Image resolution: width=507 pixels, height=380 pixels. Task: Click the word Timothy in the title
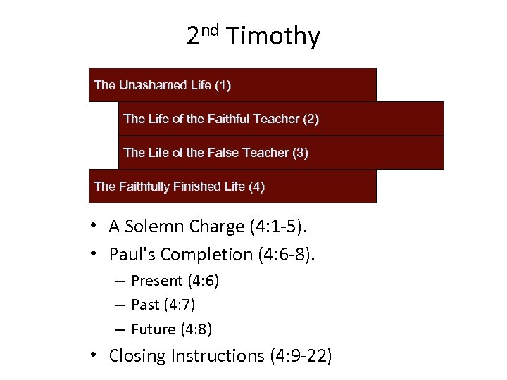[x=274, y=36]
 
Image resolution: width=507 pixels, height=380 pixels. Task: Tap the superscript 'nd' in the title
[x=209, y=30]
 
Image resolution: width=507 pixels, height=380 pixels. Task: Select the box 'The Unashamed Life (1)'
[x=232, y=85]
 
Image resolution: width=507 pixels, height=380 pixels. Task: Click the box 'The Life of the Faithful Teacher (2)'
[x=281, y=119]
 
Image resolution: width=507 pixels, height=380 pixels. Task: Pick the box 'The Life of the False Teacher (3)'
[x=281, y=153]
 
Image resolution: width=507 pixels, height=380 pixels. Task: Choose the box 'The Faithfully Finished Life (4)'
[x=232, y=186]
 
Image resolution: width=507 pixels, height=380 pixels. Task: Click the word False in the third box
[x=223, y=153]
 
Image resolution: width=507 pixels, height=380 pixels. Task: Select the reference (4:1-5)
[x=284, y=227]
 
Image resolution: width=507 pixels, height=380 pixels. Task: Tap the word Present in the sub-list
[x=157, y=281]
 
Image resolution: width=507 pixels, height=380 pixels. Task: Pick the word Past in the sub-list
[x=144, y=305]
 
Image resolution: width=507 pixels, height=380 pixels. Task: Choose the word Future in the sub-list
[x=154, y=329]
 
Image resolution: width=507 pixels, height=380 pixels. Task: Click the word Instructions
[x=217, y=356]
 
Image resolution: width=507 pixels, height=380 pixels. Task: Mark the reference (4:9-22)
[x=301, y=356]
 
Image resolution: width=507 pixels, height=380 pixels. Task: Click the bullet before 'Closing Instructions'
[x=93, y=355]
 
